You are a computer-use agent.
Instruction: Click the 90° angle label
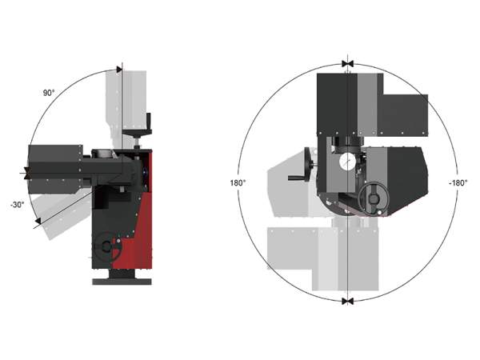(49, 93)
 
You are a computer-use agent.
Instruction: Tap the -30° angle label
(18, 205)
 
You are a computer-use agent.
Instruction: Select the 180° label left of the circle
(238, 183)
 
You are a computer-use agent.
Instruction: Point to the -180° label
(458, 183)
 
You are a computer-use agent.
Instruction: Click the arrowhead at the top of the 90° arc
(119, 70)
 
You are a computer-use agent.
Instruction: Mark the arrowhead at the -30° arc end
(38, 221)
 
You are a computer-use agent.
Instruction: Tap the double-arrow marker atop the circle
(347, 64)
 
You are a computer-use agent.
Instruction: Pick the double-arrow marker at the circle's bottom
(347, 302)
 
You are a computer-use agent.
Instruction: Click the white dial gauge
(346, 162)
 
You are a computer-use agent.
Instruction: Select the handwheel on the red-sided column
(108, 246)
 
